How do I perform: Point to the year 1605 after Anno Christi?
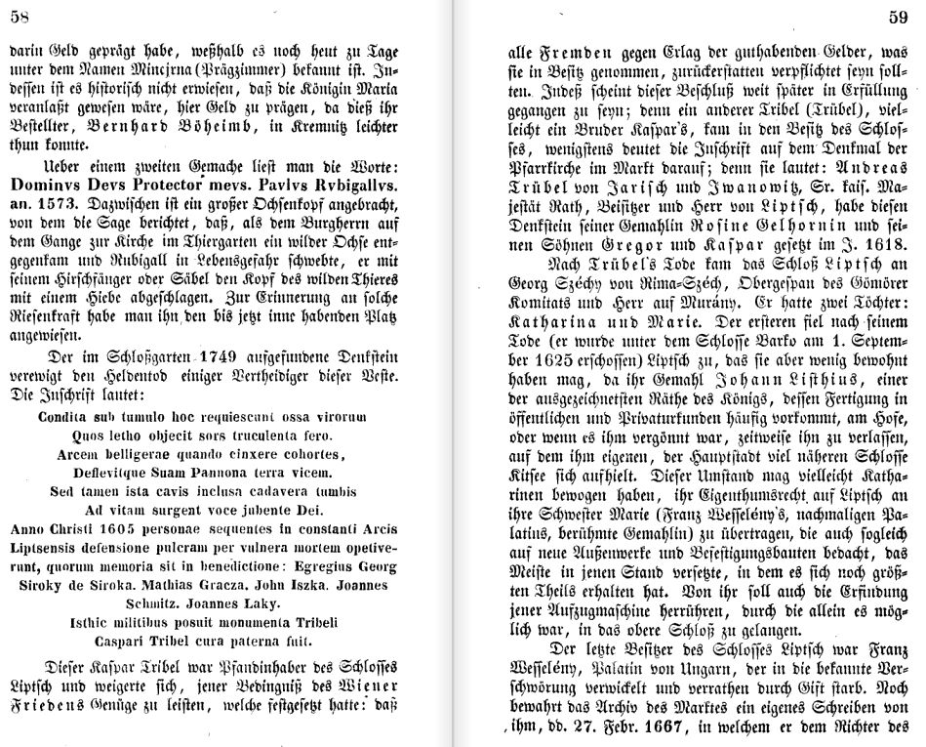[x=97, y=529]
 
